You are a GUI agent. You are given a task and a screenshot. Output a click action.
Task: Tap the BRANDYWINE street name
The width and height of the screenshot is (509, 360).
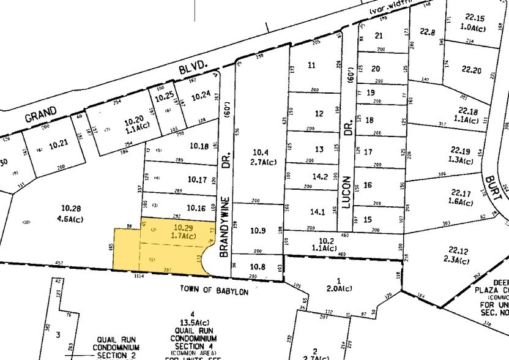224,226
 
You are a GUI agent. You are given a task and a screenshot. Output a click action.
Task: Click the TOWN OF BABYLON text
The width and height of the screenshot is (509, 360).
214,291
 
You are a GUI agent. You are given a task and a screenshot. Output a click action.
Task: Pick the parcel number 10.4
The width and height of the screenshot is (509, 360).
261,152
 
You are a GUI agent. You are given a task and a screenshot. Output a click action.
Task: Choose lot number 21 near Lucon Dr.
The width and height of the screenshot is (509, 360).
378,36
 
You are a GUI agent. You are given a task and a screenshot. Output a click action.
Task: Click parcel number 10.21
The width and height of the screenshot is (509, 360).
58,144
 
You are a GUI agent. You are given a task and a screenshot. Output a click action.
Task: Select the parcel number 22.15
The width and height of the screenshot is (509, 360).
474,18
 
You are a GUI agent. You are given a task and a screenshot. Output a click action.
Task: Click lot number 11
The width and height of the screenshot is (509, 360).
312,66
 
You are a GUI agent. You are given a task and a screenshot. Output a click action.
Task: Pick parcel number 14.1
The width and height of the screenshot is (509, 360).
318,212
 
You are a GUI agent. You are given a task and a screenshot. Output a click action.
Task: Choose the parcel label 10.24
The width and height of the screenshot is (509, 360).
201,96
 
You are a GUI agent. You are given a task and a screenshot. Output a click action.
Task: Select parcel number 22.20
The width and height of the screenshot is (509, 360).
472,70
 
